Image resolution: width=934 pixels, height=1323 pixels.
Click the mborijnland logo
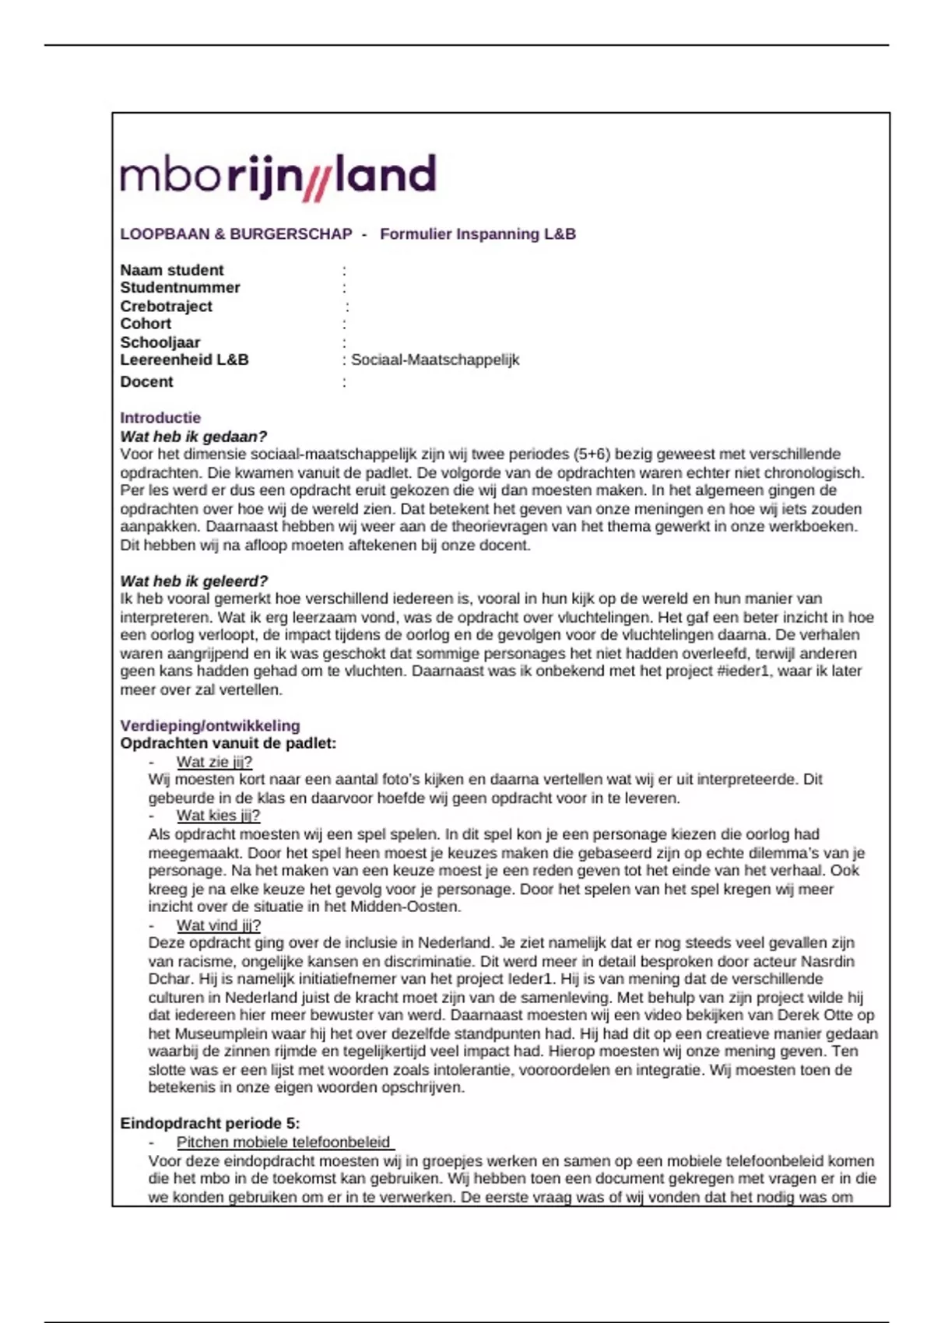(278, 176)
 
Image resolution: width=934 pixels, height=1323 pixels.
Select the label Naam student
(171, 270)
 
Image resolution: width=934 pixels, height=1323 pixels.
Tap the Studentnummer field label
(180, 288)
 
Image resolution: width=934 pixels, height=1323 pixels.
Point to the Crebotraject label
(166, 306)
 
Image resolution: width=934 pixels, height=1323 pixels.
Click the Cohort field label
(146, 324)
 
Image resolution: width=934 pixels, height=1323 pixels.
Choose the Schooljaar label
(160, 342)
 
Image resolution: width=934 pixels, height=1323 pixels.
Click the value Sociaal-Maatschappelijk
(434, 360)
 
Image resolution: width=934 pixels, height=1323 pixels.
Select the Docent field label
(146, 381)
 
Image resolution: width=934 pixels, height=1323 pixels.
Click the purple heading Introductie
(160, 418)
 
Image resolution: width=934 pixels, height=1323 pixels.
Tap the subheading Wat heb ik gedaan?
(193, 437)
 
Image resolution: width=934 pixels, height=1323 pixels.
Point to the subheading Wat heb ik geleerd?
(194, 581)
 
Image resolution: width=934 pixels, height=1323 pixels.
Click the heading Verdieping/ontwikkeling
(210, 725)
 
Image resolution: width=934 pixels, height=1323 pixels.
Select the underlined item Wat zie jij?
(214, 762)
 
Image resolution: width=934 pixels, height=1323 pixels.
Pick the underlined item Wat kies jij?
(218, 816)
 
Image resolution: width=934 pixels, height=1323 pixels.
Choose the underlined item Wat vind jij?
(218, 925)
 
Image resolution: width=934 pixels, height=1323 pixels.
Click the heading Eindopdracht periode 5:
(210, 1123)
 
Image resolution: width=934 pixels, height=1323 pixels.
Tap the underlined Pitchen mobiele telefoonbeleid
(285, 1142)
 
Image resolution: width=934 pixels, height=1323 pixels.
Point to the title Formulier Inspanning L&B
(478, 234)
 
